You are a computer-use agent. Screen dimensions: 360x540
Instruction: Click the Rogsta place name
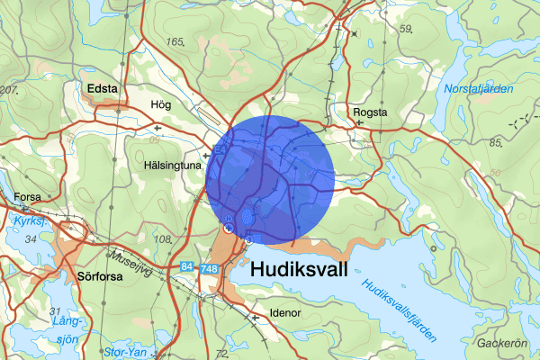point(370,112)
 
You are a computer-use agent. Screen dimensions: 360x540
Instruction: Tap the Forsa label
point(28,197)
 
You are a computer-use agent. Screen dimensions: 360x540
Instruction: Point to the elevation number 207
point(10,91)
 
